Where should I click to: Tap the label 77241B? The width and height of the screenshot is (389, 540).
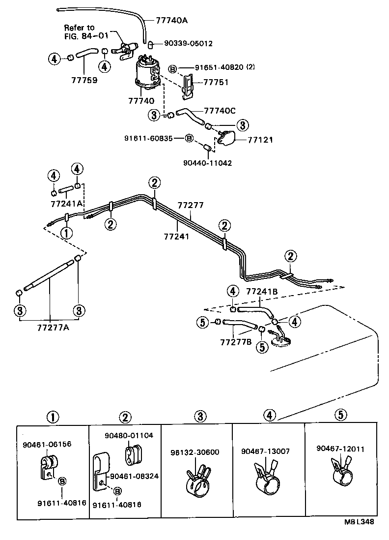[x=262, y=292]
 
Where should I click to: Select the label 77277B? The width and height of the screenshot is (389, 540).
[x=236, y=341]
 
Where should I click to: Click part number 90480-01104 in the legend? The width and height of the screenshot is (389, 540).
[x=129, y=435]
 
